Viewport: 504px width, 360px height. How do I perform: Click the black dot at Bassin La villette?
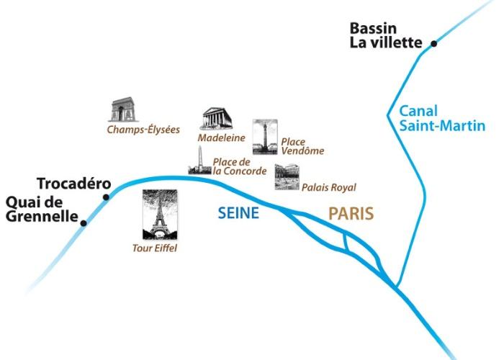tap(434, 44)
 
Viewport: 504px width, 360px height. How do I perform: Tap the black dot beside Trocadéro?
tap(106, 197)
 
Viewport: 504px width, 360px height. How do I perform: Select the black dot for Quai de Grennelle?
tap(84, 223)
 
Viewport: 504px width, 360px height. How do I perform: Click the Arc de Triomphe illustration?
tap(123, 109)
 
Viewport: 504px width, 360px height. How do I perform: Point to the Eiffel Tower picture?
tap(160, 215)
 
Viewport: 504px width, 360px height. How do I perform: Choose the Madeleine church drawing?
tap(217, 118)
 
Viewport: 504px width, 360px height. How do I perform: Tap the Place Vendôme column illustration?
tap(265, 137)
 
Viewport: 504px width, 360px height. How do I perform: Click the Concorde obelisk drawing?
tap(200, 161)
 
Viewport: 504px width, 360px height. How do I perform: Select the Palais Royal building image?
tap(287, 177)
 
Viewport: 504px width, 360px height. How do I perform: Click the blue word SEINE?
tap(238, 213)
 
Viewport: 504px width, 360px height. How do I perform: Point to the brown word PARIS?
tap(351, 213)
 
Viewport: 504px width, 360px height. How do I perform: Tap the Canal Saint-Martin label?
tap(442, 119)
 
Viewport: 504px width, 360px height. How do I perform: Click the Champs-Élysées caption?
tap(143, 130)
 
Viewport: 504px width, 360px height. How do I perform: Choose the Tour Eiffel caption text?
tap(155, 248)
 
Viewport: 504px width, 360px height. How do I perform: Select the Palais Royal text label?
tap(329, 187)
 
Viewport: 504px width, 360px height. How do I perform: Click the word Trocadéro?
tap(74, 184)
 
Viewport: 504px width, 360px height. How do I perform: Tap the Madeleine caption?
tap(222, 138)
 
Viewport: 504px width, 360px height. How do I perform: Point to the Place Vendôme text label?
tap(302, 146)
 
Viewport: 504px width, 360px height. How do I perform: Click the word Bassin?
tap(373, 29)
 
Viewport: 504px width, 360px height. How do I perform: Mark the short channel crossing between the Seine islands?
tap(345, 242)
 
